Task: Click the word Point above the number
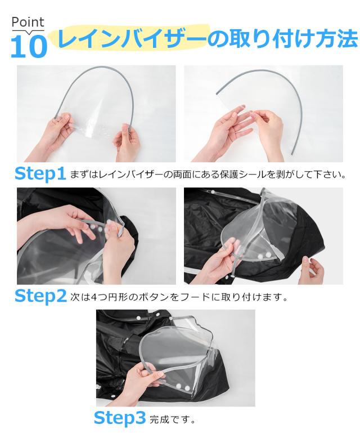[x=28, y=22]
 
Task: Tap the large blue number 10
[x=29, y=46]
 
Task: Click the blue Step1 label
[x=40, y=173]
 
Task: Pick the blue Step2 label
[x=40, y=296]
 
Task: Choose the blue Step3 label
[x=120, y=418]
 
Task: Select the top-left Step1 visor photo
[x=96, y=114]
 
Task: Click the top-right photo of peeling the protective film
[x=263, y=114]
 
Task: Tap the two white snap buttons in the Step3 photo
[x=183, y=386]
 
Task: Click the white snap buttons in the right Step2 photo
[x=264, y=256]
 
